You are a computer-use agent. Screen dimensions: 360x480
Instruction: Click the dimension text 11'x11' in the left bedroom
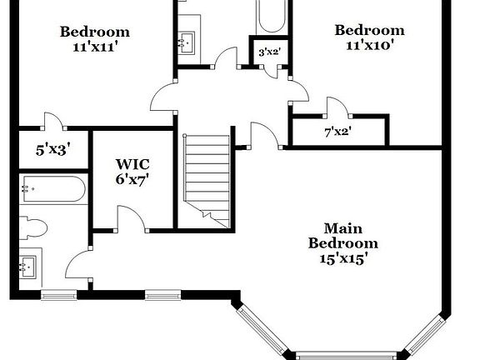coord(95,47)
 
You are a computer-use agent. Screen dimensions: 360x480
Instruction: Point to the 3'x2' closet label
coord(269,52)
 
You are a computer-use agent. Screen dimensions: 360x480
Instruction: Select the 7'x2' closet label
coord(338,131)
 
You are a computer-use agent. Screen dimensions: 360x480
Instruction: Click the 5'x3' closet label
coord(52,151)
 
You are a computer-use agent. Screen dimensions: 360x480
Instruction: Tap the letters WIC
coord(132,163)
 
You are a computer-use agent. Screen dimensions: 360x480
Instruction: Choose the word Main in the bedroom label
coord(342,227)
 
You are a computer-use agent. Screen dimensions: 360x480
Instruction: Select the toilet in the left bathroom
coord(34,227)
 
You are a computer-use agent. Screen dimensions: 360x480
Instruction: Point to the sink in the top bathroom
coord(187,41)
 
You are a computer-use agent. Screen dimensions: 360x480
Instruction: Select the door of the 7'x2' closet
coord(337,107)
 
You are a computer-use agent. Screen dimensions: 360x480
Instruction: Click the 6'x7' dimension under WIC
coord(131,178)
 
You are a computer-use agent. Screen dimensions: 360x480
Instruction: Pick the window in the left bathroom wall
coord(58,294)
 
